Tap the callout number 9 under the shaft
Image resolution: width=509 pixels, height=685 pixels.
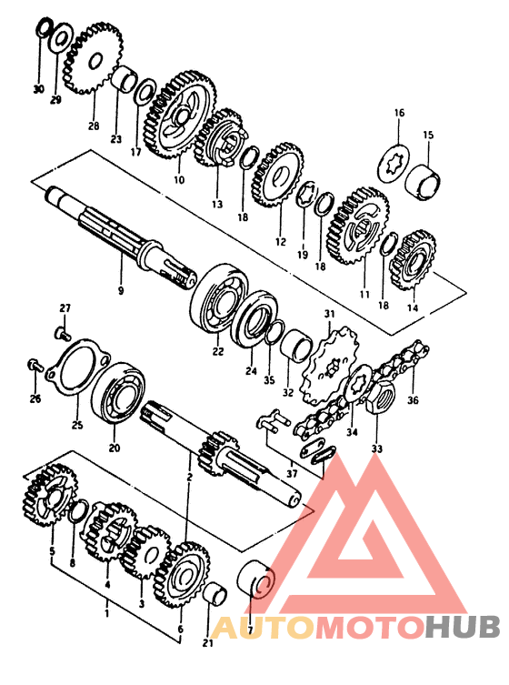(121, 290)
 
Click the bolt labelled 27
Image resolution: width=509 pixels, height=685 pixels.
(63, 334)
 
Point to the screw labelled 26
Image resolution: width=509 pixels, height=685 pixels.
(34, 365)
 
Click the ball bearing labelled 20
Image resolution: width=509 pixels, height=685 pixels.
(119, 392)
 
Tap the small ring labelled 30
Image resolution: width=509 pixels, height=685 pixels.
(44, 27)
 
